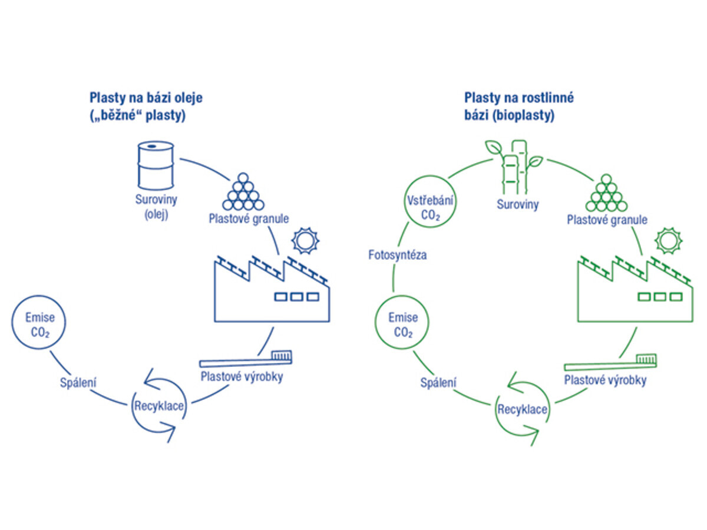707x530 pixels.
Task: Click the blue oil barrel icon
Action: coord(155,165)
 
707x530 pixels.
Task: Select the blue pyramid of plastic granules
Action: coord(244,192)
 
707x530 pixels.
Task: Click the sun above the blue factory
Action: coord(305,240)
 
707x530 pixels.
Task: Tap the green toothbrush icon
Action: coord(610,360)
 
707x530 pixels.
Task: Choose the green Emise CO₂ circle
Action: coord(403,325)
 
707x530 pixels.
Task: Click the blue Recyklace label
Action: coord(160,406)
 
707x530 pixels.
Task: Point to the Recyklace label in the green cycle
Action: coord(522,409)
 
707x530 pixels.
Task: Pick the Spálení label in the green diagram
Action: coord(438,383)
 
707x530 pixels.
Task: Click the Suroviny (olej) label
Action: coord(155,207)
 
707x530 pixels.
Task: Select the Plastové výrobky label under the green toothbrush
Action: coord(605,380)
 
